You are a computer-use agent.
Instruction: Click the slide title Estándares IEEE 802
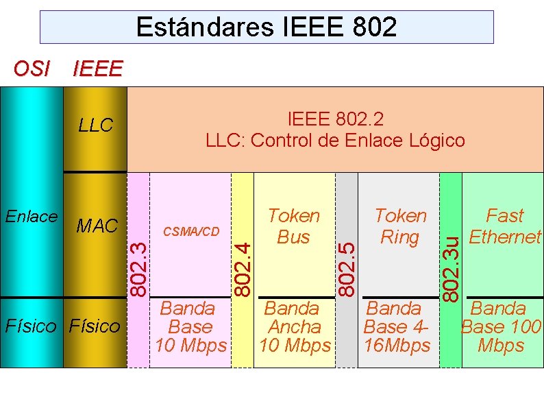coord(266,27)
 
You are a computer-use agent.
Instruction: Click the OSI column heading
coord(32,69)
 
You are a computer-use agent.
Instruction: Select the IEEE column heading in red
coord(97,69)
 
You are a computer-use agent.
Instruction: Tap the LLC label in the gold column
coord(95,125)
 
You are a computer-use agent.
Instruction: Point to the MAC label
coord(98,226)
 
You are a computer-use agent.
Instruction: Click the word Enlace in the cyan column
coord(31,217)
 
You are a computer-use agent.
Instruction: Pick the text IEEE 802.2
coord(335,119)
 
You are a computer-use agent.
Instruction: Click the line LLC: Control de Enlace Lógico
coord(335,141)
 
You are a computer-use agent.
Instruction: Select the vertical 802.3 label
coord(139,269)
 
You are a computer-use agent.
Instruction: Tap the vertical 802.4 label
coord(242,269)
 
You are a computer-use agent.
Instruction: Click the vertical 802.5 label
coord(347,269)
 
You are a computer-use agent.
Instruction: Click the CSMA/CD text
coord(190,230)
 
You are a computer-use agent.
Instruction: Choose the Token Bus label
coord(294,226)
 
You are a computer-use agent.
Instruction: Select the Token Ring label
coord(400,226)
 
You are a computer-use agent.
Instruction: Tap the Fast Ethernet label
coord(504,226)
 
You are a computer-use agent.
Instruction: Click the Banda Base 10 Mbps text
coord(190,327)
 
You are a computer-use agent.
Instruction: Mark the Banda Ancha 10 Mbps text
coord(295,327)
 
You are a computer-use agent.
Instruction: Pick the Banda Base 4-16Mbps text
coord(397,327)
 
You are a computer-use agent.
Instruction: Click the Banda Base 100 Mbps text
coord(502,327)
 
